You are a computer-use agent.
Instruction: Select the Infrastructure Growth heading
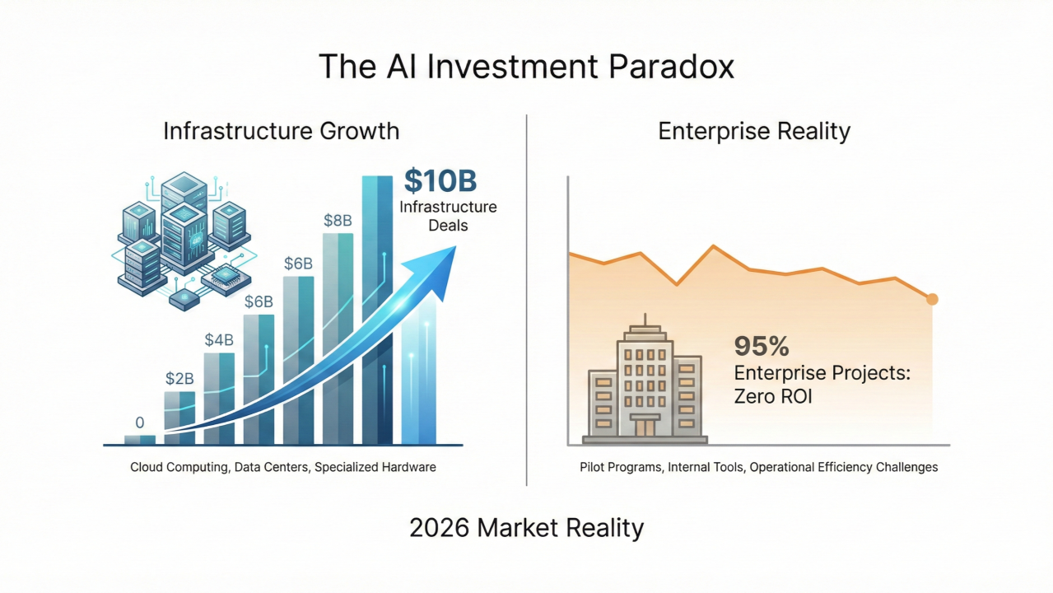tap(281, 131)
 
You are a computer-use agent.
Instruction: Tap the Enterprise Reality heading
tap(754, 131)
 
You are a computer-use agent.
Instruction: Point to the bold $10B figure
tap(440, 181)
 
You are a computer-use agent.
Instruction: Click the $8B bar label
tap(338, 220)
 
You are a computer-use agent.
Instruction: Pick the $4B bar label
tap(219, 339)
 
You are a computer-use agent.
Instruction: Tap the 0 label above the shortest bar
tap(140, 423)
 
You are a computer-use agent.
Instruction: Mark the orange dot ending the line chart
tap(932, 299)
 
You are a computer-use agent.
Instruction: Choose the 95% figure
tap(762, 346)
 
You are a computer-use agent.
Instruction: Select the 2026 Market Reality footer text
tap(526, 527)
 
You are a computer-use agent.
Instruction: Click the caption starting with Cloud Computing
tap(283, 467)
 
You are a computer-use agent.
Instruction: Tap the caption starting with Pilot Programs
tap(758, 467)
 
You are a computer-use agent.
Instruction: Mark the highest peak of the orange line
tap(714, 246)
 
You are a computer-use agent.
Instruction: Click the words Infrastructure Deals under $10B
tap(448, 215)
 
